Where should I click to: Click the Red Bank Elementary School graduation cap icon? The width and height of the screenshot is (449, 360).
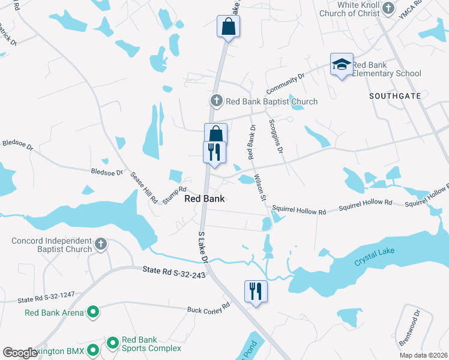click(x=342, y=65)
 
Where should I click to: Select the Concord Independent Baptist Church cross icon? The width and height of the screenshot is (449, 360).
click(x=101, y=245)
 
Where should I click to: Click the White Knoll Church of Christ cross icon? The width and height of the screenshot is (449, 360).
click(x=388, y=8)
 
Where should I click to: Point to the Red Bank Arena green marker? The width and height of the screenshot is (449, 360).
click(x=93, y=312)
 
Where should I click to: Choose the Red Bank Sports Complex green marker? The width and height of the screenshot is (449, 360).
click(x=112, y=343)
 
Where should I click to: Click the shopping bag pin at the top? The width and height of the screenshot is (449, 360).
click(x=228, y=27)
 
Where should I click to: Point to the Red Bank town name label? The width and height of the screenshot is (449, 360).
click(x=205, y=199)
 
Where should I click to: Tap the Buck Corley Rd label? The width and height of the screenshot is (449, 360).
click(x=208, y=308)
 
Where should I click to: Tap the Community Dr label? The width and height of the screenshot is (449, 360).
click(x=286, y=81)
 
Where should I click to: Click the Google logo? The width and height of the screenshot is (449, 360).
click(x=20, y=352)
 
